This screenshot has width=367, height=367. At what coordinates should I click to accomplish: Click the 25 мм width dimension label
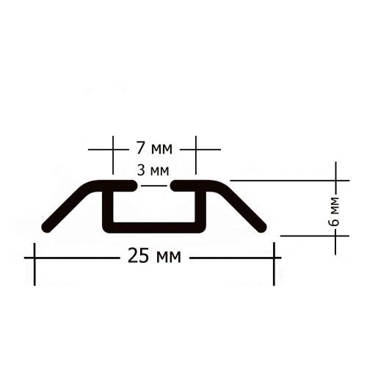pyautogui.click(x=154, y=256)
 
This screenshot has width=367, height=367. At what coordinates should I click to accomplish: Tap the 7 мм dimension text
pyautogui.click(x=154, y=148)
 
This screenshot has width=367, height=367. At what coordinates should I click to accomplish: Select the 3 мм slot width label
pyautogui.click(x=153, y=170)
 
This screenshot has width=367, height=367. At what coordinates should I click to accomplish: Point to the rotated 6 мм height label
pyautogui.click(x=335, y=211)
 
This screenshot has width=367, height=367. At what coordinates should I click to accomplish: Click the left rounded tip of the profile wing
pyautogui.click(x=46, y=228)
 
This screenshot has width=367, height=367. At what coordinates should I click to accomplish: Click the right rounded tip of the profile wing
pyautogui.click(x=262, y=228)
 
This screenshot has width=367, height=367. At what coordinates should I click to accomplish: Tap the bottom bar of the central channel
pyautogui.click(x=154, y=228)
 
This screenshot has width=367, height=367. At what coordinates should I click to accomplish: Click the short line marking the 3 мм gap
pyautogui.click(x=154, y=186)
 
